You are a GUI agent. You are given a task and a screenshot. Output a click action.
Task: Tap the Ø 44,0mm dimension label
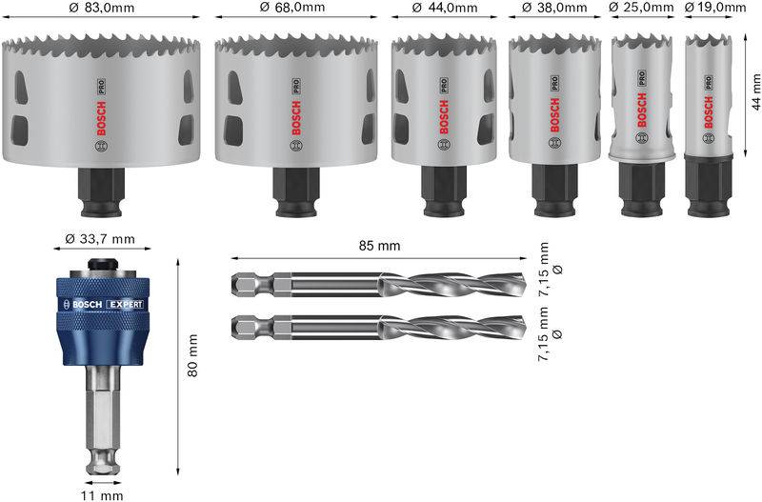tap(444, 8)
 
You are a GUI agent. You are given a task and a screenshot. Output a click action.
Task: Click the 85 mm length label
tap(379, 246)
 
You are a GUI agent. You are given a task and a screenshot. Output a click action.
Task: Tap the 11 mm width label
tap(103, 494)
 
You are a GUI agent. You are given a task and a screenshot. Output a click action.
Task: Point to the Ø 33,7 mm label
tap(103, 238)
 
